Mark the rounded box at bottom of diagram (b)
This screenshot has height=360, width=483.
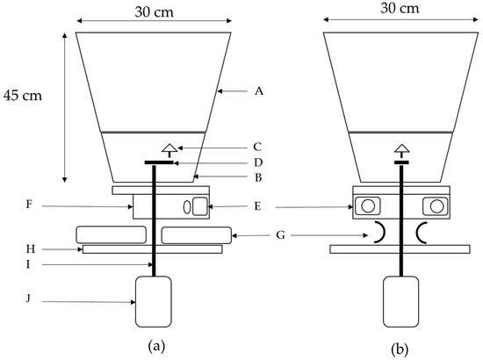[401, 301]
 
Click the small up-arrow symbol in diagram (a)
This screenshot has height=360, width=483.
[170, 147]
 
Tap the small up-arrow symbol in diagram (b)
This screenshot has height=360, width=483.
[400, 149]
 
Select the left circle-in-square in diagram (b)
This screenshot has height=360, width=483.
[367, 205]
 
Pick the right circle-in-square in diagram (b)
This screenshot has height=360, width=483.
[434, 205]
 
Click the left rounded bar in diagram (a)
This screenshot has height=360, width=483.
[112, 234]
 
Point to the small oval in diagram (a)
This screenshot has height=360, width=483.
[185, 207]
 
